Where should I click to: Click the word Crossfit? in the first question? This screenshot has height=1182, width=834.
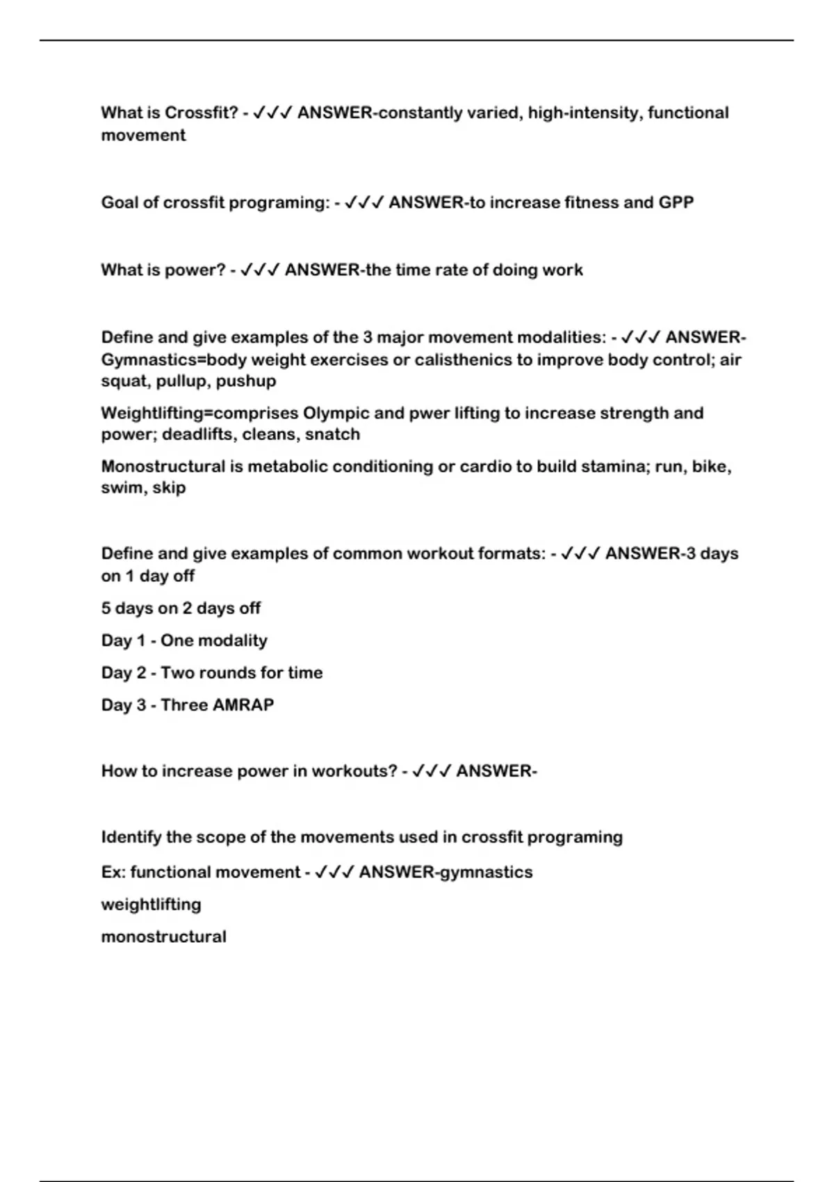coord(202,113)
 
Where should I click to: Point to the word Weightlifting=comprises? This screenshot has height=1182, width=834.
coord(199,413)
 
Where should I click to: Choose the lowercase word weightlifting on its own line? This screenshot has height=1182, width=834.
coord(151,905)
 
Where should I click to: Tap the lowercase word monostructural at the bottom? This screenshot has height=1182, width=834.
coord(163,937)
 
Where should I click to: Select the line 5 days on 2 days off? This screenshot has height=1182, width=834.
coord(181,608)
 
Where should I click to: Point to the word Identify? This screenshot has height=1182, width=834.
coord(131,837)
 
